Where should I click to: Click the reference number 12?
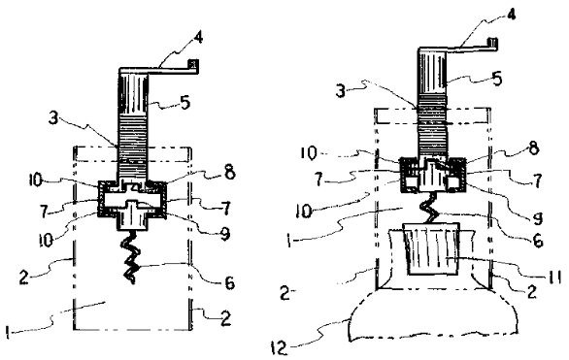click(x=279, y=348)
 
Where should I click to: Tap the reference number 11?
click(x=554, y=278)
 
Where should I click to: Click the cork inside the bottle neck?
click(x=432, y=248)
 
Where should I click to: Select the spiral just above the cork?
click(x=430, y=208)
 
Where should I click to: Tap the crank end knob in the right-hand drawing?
click(x=491, y=42)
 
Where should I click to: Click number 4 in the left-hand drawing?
click(x=198, y=39)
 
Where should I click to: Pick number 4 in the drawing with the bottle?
click(x=511, y=15)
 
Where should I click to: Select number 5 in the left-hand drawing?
click(x=184, y=103)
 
